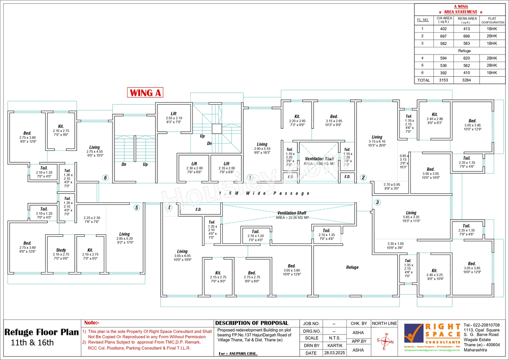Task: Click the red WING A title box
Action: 145,93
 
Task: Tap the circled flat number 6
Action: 105,178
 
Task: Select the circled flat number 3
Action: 377,202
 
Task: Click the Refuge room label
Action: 352,267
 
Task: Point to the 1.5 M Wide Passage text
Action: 264,193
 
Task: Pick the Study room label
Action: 61,250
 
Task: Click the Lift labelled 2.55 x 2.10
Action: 174,114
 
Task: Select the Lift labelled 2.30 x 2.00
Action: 194,164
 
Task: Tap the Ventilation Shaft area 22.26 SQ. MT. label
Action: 291,215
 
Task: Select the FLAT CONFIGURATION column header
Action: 493,20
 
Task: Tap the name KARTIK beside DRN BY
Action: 334,346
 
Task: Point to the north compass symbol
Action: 384,341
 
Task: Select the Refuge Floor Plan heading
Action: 41,332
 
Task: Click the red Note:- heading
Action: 92,323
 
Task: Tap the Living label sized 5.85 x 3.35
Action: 411,213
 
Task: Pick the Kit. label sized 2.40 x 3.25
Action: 434,270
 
